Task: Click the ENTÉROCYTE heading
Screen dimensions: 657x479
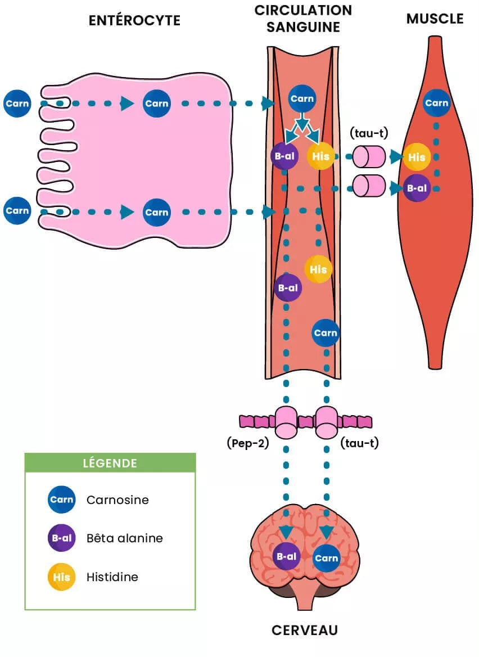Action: (x=134, y=20)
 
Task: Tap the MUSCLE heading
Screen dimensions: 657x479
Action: (x=435, y=19)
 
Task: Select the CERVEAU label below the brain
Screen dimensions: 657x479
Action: (x=305, y=629)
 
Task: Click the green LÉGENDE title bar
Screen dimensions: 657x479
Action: (x=110, y=463)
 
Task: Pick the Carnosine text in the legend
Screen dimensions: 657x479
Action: (x=118, y=499)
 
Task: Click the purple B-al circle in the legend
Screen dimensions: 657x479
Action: (x=61, y=538)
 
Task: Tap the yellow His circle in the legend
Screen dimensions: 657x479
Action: (x=61, y=577)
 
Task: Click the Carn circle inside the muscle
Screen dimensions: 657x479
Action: (x=436, y=103)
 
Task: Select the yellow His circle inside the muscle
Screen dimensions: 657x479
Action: (x=417, y=157)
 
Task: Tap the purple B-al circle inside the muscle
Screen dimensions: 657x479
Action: (x=417, y=188)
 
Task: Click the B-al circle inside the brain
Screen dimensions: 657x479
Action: (x=286, y=556)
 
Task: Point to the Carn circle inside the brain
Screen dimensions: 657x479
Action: (x=326, y=558)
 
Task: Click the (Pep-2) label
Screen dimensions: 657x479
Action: (x=248, y=443)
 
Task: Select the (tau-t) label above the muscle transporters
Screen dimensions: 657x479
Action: (x=369, y=133)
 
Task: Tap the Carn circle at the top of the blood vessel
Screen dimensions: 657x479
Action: (x=302, y=99)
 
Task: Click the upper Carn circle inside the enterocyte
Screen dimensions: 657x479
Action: (x=156, y=103)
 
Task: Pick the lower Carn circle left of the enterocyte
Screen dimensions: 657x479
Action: (x=17, y=211)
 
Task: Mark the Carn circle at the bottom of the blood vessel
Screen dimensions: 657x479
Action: (x=326, y=333)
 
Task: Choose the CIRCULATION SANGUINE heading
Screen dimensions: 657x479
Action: (x=303, y=18)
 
